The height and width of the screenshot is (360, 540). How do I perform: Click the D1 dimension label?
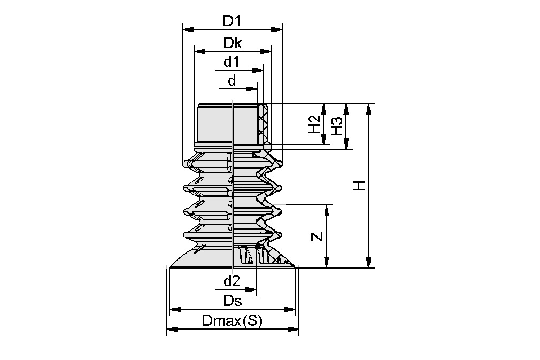232,21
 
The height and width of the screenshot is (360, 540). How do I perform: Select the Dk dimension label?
232,44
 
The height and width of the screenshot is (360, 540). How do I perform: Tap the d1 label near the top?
231,62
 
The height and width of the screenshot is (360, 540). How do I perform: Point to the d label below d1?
232,81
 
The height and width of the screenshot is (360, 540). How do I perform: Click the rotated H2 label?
314,125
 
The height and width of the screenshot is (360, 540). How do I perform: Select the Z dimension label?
318,236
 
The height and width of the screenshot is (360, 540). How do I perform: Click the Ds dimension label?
232,301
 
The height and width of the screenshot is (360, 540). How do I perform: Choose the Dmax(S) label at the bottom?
232,321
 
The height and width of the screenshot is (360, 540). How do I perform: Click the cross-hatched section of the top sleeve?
263,124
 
